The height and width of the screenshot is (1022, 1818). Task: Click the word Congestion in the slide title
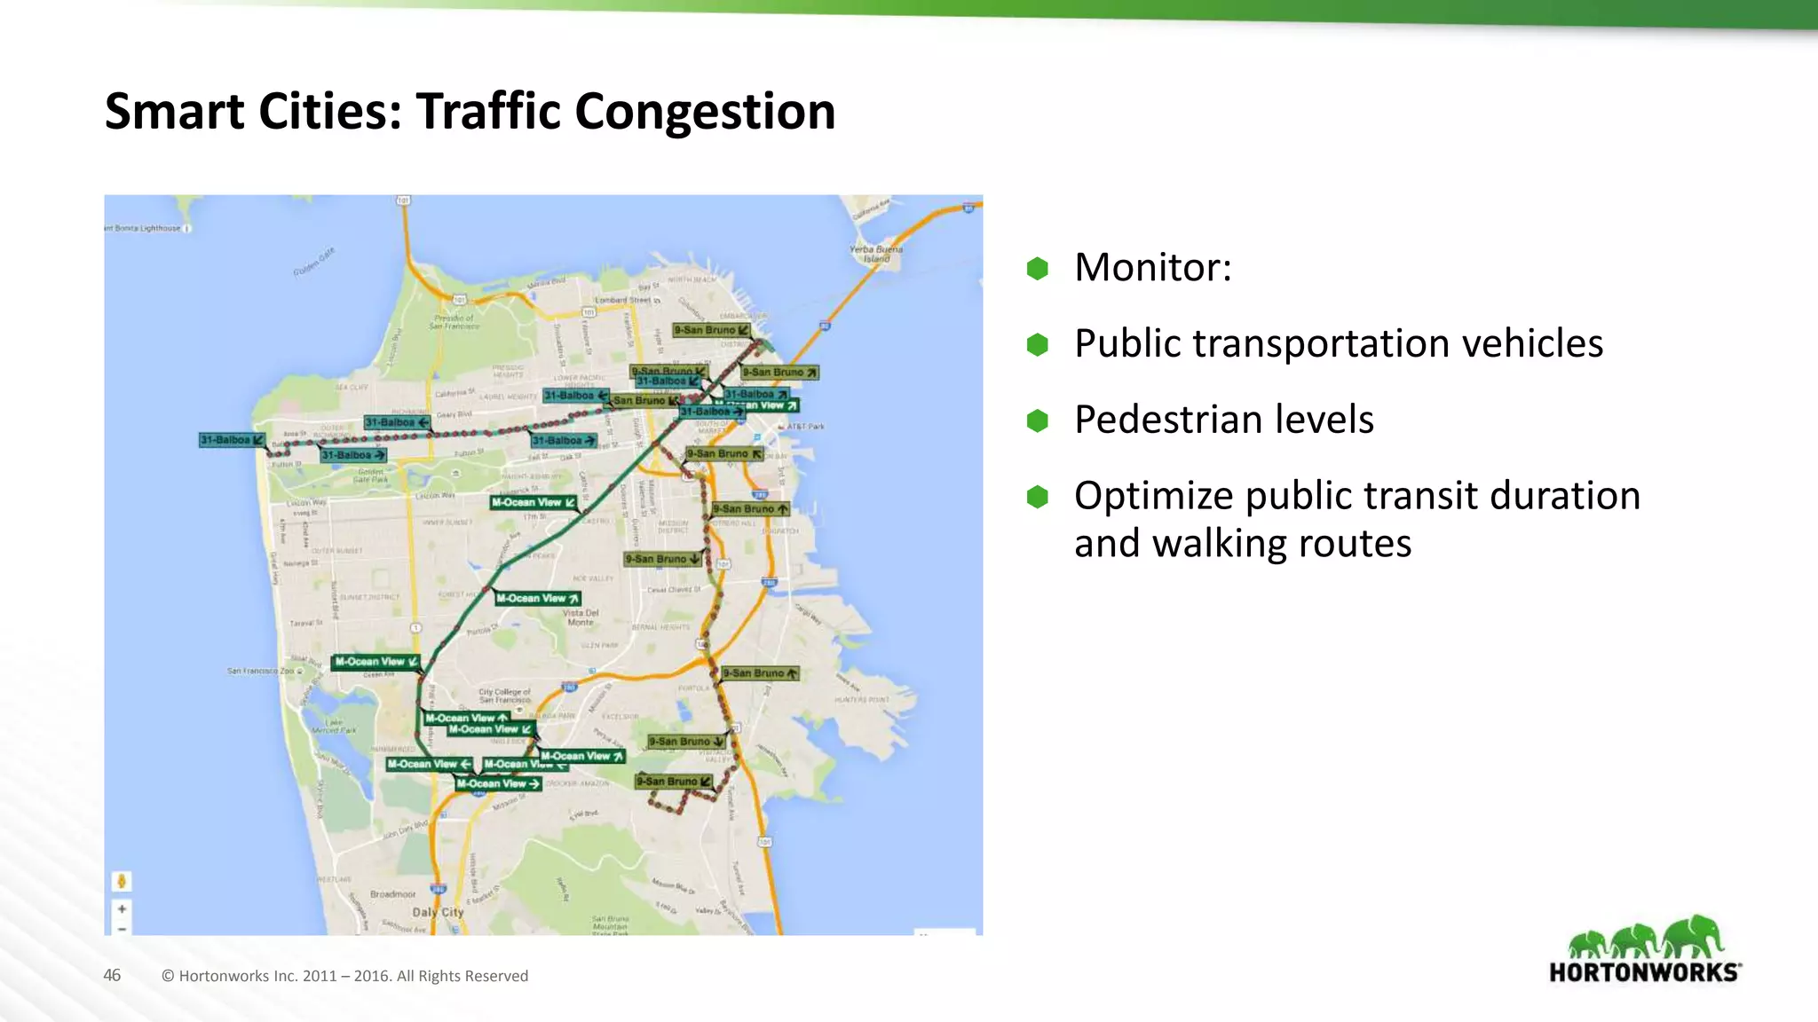tap(704, 112)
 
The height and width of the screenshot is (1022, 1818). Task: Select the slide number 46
tap(112, 975)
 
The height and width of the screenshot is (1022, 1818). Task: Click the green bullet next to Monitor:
tap(1037, 268)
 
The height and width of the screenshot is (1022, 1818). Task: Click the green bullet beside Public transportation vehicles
tap(1037, 344)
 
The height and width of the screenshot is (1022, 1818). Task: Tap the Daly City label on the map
tap(438, 912)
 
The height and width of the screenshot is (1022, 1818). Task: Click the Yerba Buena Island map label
tap(875, 254)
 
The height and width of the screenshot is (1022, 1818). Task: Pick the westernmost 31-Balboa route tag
tap(231, 440)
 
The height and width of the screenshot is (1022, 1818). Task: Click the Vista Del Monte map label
tap(581, 617)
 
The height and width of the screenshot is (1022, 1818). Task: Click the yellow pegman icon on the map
tap(122, 881)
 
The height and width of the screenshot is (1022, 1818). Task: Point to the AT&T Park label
tap(804, 427)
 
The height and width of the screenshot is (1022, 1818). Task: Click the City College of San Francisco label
tap(504, 696)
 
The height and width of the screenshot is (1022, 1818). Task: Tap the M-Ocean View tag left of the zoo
tap(375, 662)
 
